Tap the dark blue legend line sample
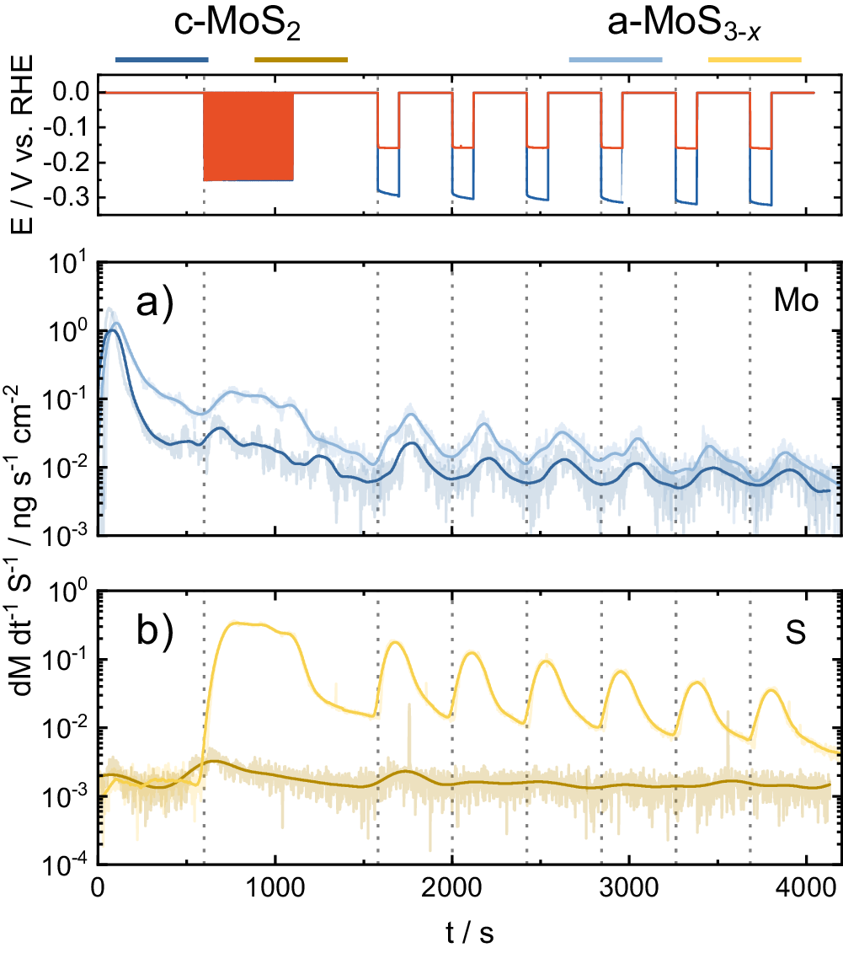162,60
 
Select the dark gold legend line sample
301,60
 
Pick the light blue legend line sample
616,60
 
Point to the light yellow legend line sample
755,60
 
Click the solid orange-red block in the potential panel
248,137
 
